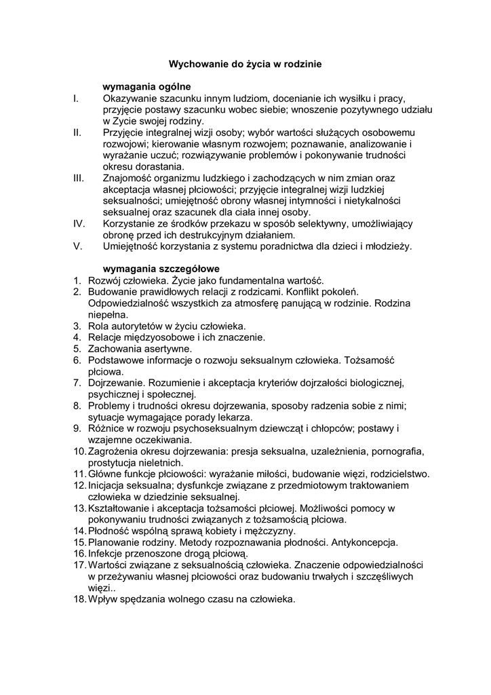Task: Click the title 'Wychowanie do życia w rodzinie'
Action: (x=245, y=64)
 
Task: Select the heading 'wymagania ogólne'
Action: (x=146, y=87)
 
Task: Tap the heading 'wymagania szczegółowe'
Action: (x=161, y=269)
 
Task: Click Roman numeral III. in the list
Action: (x=78, y=178)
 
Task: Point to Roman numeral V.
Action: (x=77, y=246)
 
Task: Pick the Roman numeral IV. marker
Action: (x=78, y=223)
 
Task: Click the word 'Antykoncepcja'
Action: (x=366, y=542)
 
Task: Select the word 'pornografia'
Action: (x=396, y=451)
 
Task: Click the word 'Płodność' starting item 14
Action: (x=109, y=531)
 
